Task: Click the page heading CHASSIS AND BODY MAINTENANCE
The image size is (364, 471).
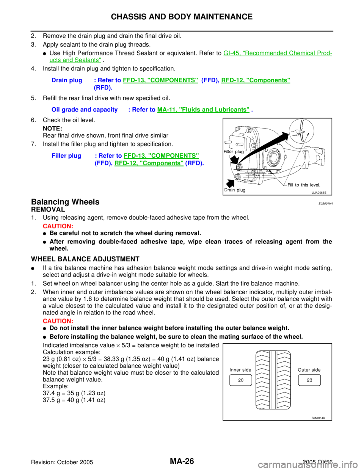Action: (182, 17)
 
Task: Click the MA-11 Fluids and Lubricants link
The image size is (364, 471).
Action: (203, 110)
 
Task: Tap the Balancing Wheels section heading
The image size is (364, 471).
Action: (65, 202)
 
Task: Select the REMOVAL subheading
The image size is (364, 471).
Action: (48, 209)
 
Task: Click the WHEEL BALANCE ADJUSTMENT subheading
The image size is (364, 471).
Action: (85, 259)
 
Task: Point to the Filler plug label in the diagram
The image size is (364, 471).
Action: (234, 152)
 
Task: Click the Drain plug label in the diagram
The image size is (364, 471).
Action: (235, 190)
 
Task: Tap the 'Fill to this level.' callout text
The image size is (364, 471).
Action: (304, 185)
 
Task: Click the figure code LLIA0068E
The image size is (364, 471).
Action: (319, 193)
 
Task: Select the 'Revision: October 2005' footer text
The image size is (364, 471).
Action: (62, 462)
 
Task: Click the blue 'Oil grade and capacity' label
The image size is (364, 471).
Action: (85, 110)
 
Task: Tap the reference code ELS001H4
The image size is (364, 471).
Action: (326, 204)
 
